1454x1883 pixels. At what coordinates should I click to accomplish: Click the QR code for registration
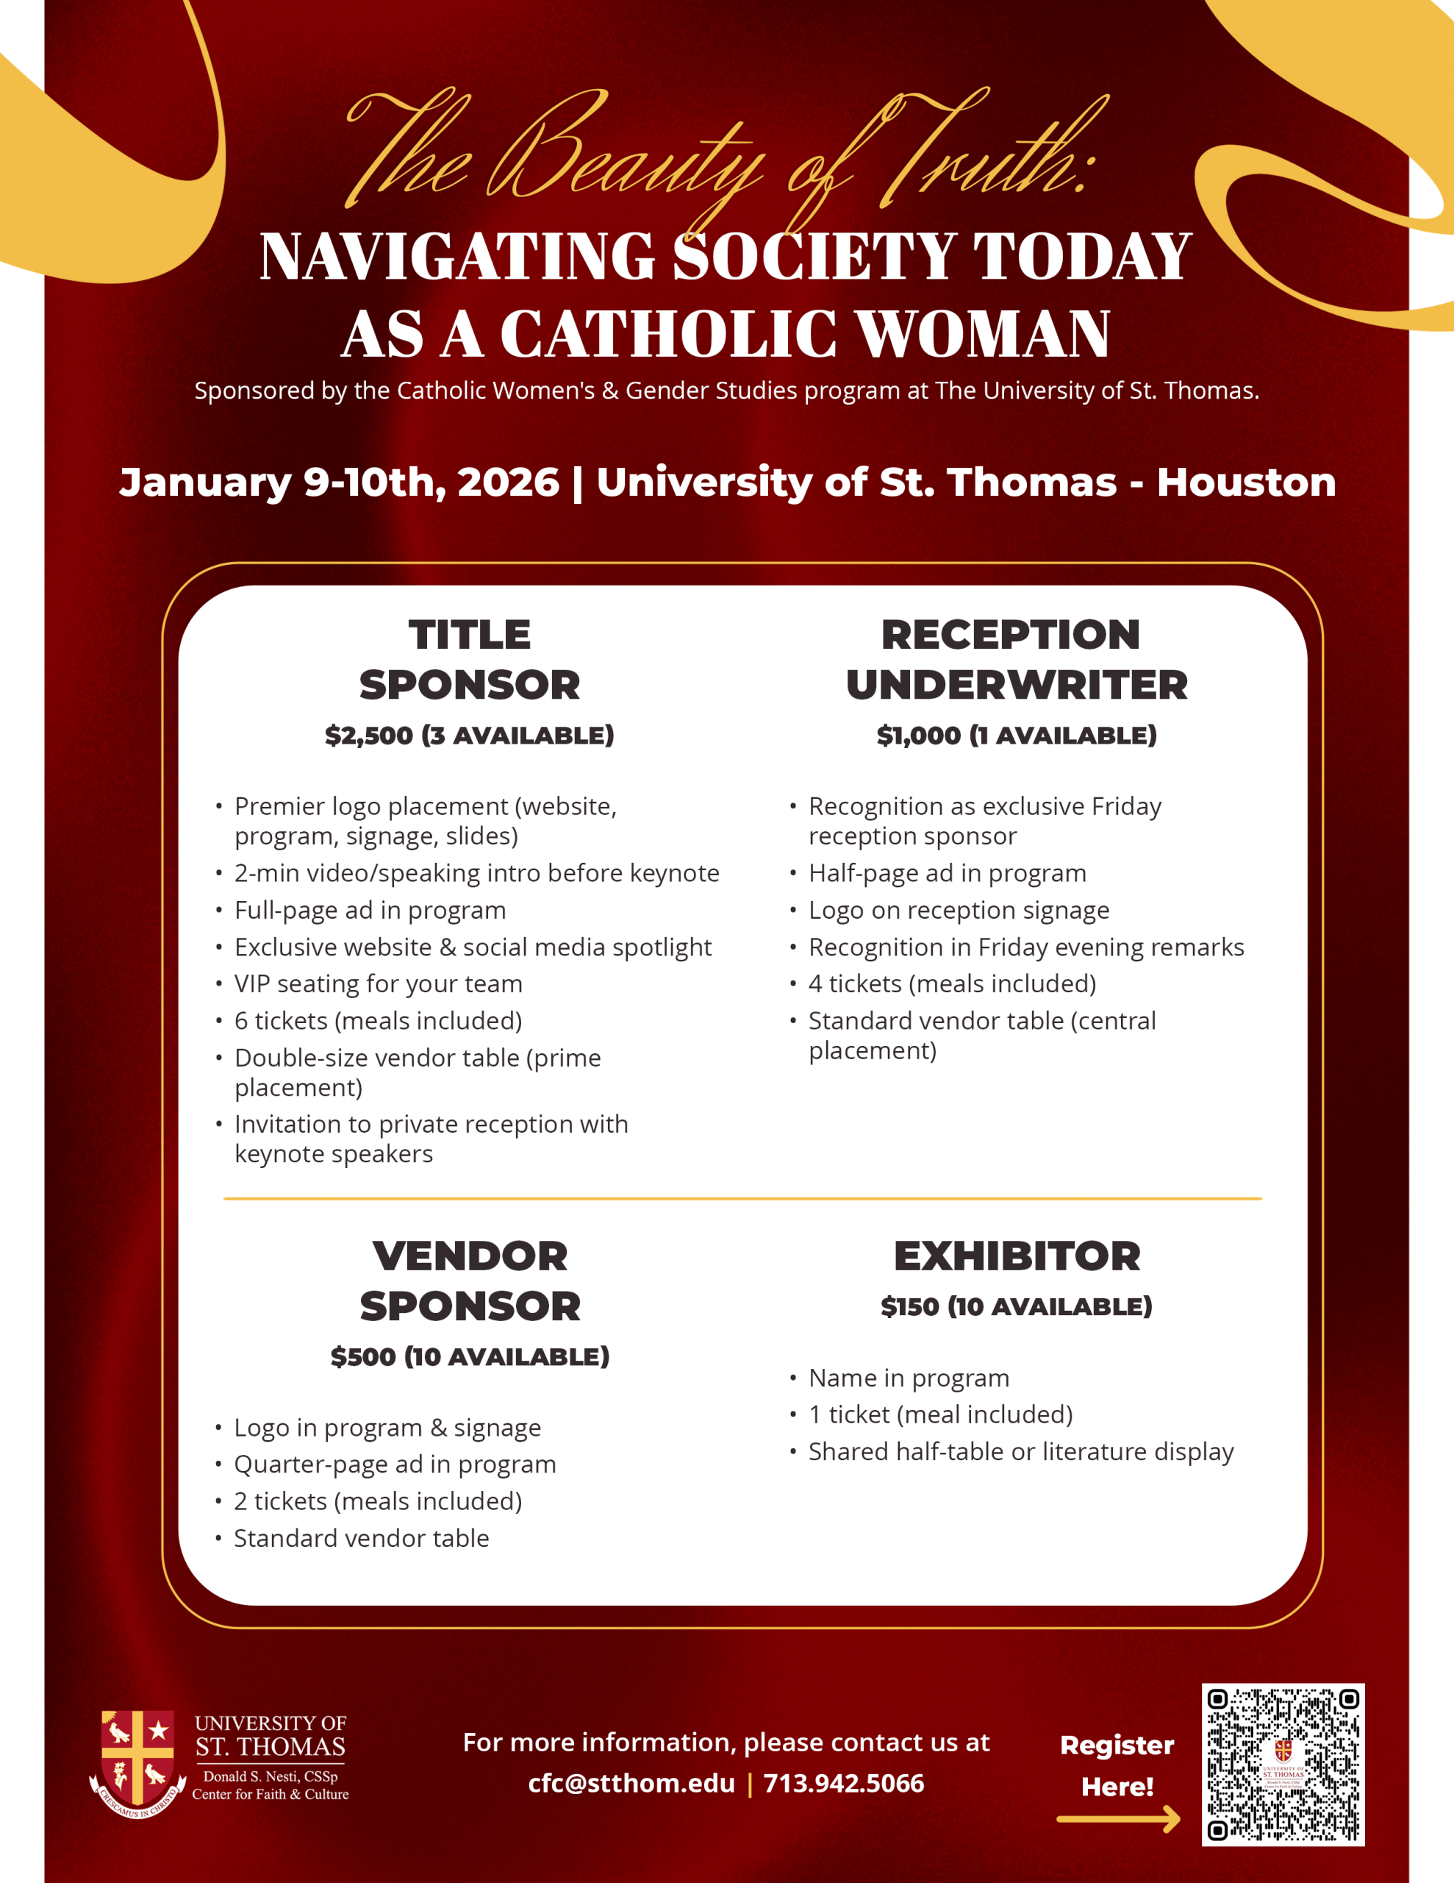click(1283, 1764)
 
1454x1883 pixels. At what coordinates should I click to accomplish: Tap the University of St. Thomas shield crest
click(138, 1762)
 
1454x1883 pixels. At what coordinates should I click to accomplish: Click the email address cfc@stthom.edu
click(631, 1783)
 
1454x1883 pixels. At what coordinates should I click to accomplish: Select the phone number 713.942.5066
click(843, 1783)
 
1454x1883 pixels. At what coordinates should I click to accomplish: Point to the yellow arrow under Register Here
click(1118, 1819)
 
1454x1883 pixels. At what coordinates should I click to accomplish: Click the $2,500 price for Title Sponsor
click(369, 736)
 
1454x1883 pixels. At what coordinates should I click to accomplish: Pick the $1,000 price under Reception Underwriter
click(918, 736)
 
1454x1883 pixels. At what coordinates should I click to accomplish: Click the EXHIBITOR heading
click(1017, 1256)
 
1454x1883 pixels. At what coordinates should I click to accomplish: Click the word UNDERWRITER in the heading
click(1017, 686)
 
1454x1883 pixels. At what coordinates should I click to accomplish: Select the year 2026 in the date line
click(508, 482)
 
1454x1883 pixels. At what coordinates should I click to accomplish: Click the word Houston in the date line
click(1245, 482)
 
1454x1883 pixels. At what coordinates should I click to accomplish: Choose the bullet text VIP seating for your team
click(379, 983)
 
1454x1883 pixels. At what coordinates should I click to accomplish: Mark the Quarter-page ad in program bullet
click(395, 1464)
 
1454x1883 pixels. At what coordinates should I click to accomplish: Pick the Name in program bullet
click(909, 1378)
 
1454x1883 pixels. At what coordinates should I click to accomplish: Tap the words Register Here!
click(1117, 1766)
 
